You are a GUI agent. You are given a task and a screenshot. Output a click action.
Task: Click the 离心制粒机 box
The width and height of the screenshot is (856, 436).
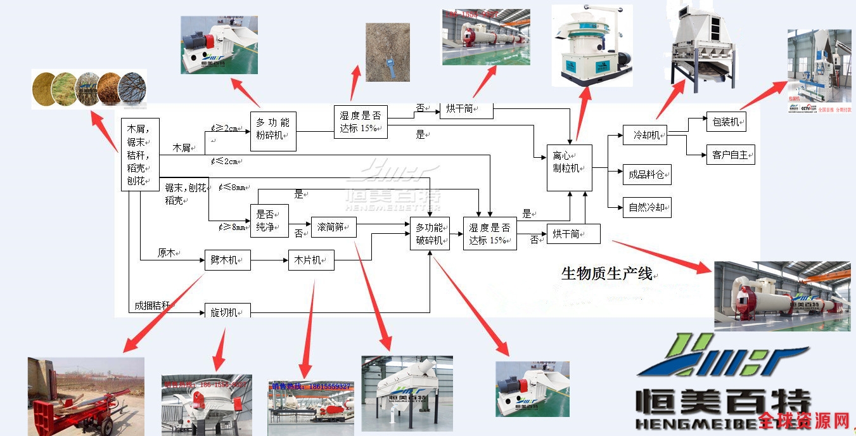569,167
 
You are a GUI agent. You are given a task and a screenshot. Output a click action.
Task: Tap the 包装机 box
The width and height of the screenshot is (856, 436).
725,122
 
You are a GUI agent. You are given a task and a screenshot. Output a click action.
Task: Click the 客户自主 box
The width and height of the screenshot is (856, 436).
730,155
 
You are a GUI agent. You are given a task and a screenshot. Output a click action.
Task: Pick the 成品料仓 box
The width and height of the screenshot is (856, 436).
646,174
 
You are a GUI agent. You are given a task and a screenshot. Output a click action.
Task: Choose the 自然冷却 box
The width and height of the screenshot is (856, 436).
646,207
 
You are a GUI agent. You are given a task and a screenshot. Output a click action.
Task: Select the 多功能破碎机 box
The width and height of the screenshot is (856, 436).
430,234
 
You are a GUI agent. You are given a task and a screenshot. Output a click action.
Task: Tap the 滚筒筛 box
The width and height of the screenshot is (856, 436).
333,227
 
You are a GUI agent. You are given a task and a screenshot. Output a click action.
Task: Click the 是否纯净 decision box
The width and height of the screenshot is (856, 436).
269,221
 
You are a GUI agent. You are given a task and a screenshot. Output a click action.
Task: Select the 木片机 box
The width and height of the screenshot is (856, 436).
310,260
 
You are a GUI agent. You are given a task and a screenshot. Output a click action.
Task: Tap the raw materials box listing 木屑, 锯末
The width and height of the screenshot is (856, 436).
139,154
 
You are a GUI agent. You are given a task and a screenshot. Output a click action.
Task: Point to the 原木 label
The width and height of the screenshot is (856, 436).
168,253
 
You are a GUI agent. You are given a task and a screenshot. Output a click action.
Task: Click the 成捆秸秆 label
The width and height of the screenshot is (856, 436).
152,305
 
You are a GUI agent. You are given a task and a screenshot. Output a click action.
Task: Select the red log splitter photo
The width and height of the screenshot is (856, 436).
86,397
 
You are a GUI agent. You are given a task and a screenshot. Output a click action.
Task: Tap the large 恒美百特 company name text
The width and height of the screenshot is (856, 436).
722,402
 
